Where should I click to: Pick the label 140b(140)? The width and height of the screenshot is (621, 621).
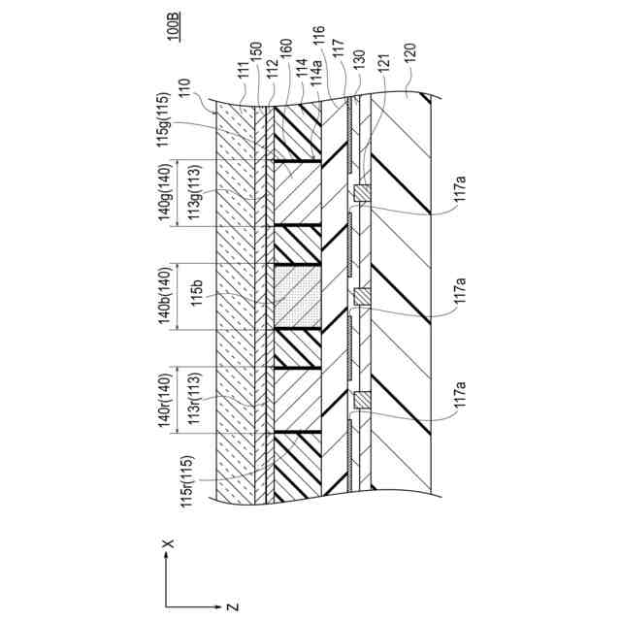(165, 296)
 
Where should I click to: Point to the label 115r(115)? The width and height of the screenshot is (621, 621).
(193, 480)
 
